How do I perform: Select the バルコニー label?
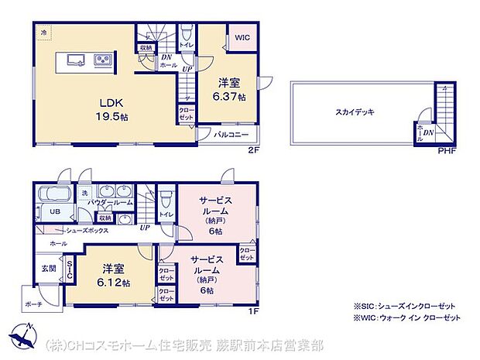point(231,134)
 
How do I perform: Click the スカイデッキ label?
point(355,112)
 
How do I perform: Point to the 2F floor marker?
point(252,150)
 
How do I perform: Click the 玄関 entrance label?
point(48,268)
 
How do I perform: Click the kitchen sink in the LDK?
point(73,60)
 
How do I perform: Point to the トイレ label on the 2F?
point(187,45)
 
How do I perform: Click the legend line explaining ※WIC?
point(406,317)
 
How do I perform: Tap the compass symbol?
point(22,338)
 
